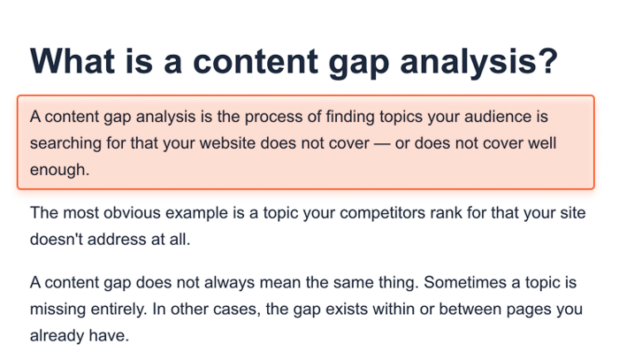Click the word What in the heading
tap(73, 61)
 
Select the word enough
tap(59, 170)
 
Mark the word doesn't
tap(56, 240)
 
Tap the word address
tap(117, 240)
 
